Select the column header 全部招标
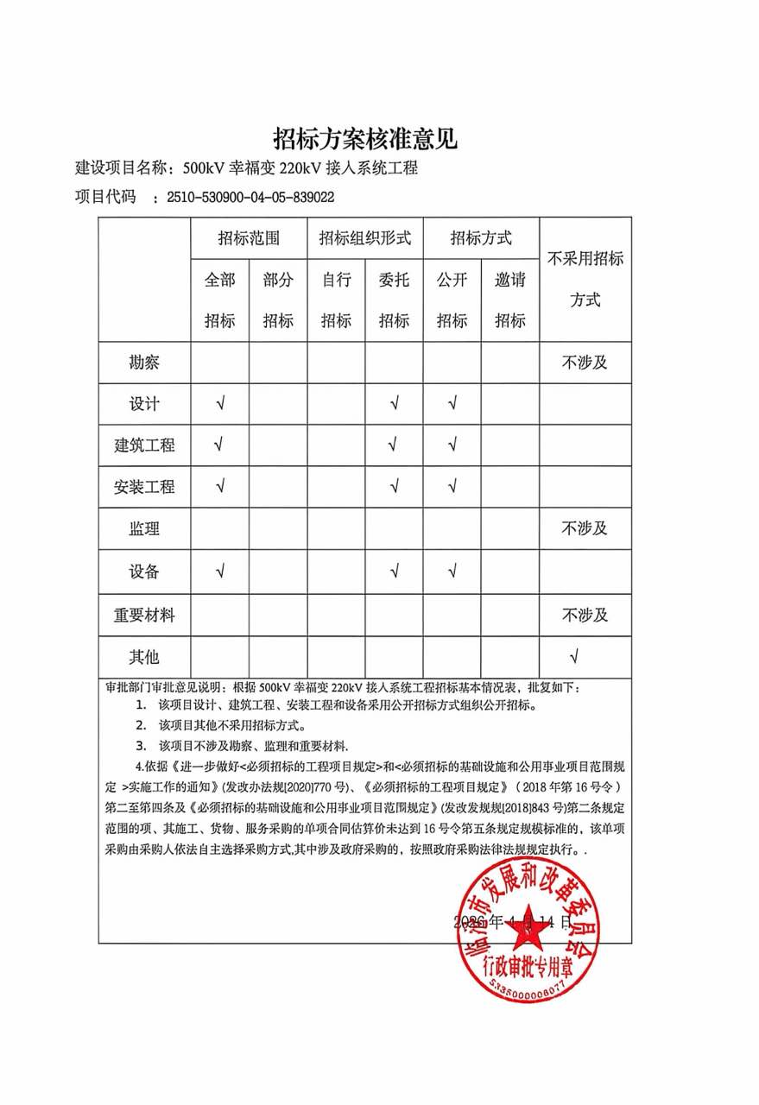tap(219, 300)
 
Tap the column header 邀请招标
tap(509, 300)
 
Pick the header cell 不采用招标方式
tap(585, 279)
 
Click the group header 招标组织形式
tap(364, 237)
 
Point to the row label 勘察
tap(144, 362)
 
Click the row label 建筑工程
tap(144, 445)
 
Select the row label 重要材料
tap(144, 615)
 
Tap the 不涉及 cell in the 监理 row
tap(585, 528)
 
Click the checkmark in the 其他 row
tap(574, 657)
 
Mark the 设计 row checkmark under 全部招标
tap(220, 403)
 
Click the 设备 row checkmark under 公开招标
tap(452, 571)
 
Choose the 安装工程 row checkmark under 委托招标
tap(394, 487)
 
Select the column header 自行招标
tap(336, 300)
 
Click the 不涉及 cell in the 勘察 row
tap(585, 362)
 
